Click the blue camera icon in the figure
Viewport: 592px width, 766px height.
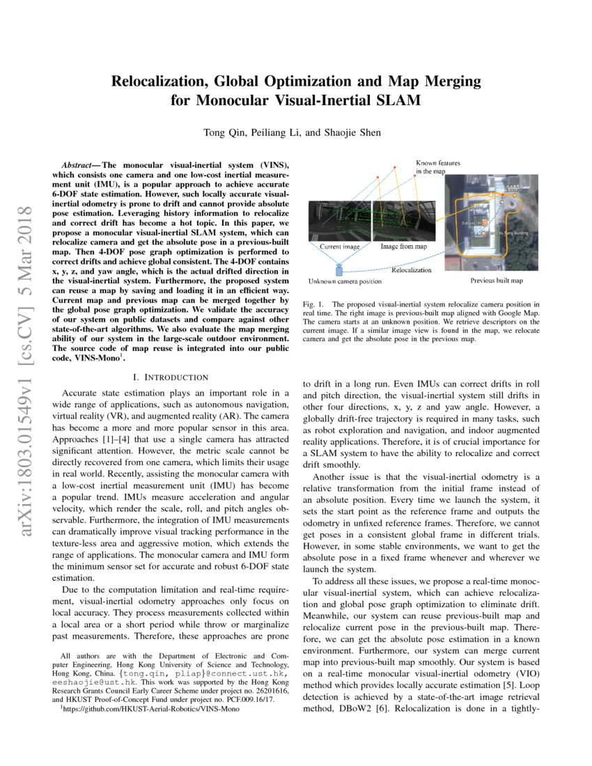(340, 268)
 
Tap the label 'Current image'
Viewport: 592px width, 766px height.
(339, 247)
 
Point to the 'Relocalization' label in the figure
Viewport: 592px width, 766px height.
(412, 269)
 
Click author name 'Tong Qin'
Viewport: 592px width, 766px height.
(221, 133)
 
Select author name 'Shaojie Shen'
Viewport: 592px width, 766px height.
(355, 133)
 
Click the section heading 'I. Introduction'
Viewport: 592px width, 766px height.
(170, 377)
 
